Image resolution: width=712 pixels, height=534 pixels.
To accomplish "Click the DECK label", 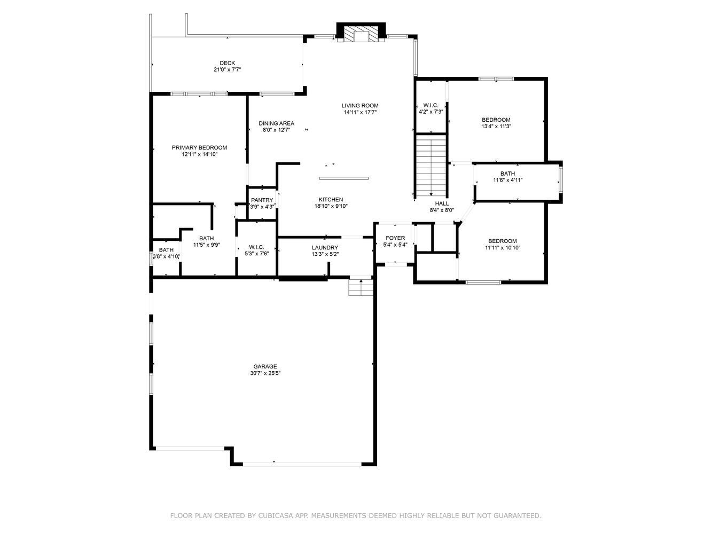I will pos(227,63).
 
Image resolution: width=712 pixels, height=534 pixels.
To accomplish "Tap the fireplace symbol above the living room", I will pos(361,34).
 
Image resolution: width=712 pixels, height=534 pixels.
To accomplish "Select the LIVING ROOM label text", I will pos(360,106).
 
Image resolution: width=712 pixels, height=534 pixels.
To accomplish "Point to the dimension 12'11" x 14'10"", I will pos(199,154).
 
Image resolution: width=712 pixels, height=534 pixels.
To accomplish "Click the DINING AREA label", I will pos(276,123).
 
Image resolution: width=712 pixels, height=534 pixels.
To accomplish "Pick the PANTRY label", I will pos(262,200).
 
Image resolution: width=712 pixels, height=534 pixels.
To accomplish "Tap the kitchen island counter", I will pos(343,178).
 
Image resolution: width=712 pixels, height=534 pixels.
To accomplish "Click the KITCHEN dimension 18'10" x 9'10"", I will pos(331,206).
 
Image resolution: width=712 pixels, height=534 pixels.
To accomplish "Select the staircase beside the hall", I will pos(431,166).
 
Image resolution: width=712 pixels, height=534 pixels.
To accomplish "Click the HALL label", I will pos(442,203).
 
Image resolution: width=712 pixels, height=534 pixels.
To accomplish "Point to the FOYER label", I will pos(395,238).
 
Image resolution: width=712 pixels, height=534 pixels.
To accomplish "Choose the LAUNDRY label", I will pos(325,248).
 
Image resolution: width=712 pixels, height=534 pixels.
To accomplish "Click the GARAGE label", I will pos(265,367).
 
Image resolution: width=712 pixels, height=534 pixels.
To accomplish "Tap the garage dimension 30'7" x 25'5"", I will pos(265,374).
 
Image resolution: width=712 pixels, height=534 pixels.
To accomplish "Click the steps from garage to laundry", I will pos(361,288).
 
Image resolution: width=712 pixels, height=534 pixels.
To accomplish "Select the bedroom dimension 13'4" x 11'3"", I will pos(496,127).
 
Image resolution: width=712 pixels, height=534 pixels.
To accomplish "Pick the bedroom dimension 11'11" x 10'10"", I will pos(502,248).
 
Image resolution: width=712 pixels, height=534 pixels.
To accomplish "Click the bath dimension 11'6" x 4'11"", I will pos(507,180).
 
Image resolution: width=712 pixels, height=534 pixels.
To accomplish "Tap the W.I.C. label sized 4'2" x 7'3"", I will pos(431,105).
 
